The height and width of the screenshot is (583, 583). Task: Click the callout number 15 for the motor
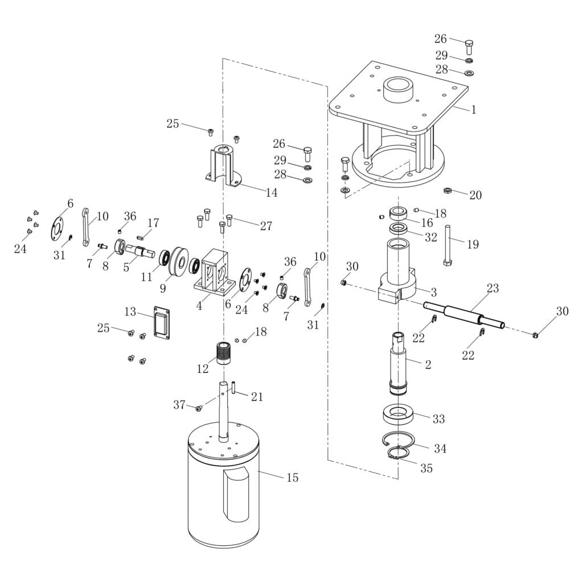[292, 478]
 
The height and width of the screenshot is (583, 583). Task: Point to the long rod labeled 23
[464, 314]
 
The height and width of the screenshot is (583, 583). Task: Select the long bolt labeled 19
[448, 245]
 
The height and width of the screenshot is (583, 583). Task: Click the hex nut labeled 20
[447, 190]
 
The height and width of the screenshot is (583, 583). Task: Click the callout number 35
[426, 469]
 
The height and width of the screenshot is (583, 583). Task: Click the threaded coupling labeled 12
[224, 352]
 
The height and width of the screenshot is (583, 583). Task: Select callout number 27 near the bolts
[266, 226]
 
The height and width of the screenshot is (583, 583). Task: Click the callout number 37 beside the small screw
[179, 405]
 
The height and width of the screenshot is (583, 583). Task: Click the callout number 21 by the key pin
[257, 397]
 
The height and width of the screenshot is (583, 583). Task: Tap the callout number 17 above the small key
[153, 223]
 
